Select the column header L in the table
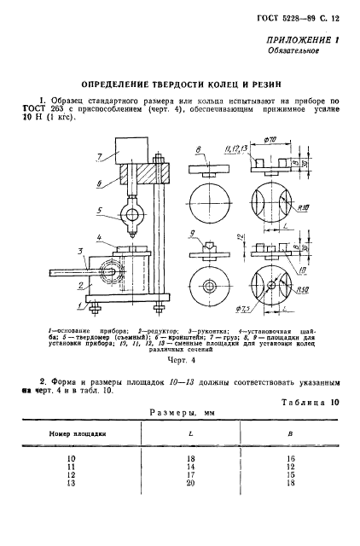click(x=189, y=433)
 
